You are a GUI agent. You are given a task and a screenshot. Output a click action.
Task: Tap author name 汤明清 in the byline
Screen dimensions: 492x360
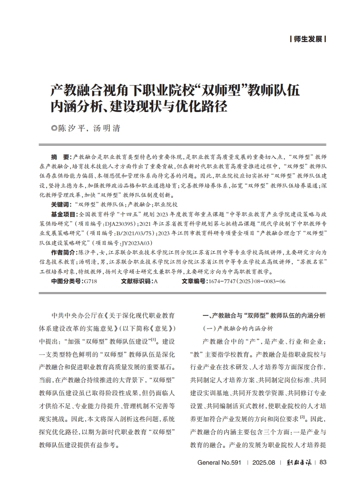coord(106,128)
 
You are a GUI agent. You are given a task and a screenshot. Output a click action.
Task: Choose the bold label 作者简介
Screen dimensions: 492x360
coord(62,253)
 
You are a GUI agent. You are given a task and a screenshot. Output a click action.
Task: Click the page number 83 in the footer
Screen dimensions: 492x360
coord(324,462)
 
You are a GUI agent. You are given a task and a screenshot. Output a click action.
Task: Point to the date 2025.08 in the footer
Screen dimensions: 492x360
coord(263,462)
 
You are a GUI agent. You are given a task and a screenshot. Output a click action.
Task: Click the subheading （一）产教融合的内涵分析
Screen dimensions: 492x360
coord(238,328)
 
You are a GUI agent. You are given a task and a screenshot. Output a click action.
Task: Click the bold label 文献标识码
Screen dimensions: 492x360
coord(137,281)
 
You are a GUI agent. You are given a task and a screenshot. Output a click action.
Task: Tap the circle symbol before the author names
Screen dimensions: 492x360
coord(55,128)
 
